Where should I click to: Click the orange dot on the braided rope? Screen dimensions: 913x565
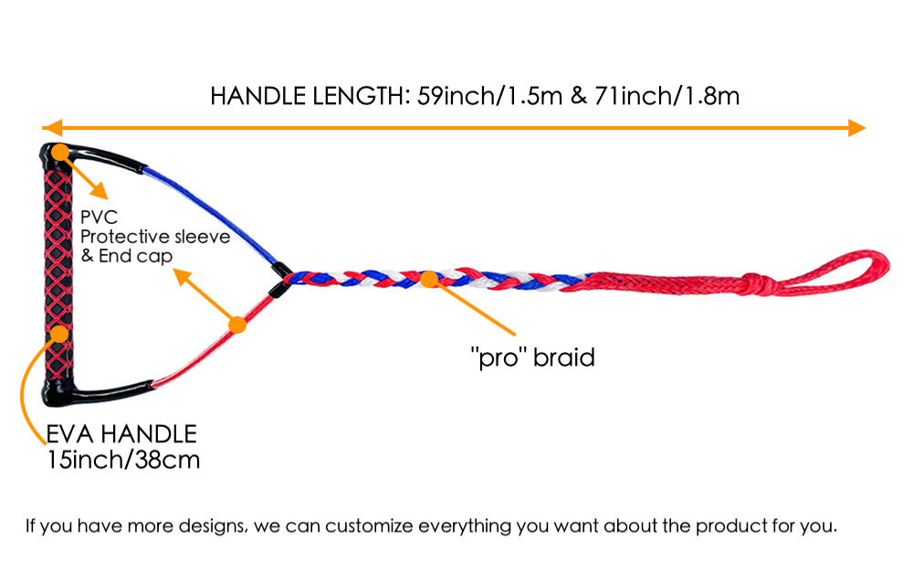point(429,279)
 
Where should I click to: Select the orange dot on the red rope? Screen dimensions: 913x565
point(237,325)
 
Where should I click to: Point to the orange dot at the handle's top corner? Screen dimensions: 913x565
point(60,152)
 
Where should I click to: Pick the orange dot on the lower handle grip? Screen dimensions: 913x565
point(59,334)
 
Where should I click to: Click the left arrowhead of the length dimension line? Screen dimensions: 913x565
point(52,128)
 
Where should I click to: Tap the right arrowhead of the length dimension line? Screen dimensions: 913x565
point(856,128)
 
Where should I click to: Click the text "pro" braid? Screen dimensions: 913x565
point(532,357)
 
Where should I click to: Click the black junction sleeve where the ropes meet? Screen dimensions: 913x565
point(280,279)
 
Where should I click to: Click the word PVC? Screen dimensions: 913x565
point(99,217)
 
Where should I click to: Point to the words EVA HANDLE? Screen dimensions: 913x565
point(121,434)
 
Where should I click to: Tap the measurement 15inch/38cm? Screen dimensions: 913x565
point(123,460)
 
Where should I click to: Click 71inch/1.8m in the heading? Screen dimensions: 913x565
point(666,96)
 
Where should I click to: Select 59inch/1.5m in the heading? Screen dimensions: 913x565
point(489,96)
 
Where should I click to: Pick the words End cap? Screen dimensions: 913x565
point(136,256)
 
